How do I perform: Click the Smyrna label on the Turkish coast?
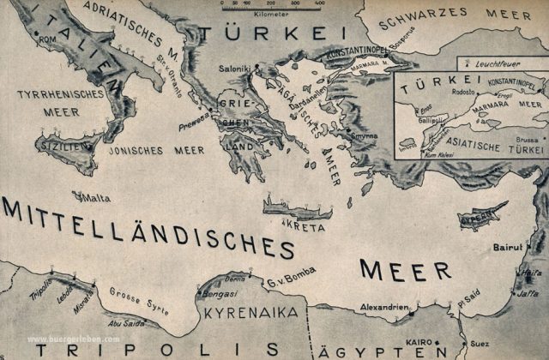click(363, 136)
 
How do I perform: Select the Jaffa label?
click(528, 293)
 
